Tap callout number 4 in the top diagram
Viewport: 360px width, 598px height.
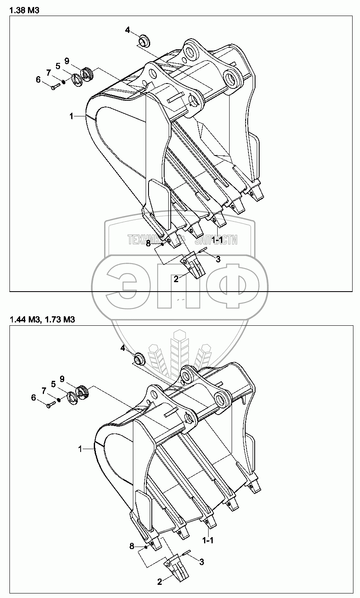[x=128, y=30]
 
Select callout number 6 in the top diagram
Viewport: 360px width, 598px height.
[x=38, y=80]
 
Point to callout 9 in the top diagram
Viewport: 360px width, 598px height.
[x=67, y=60]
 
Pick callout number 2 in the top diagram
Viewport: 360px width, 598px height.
[x=176, y=279]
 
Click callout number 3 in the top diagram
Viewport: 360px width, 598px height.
[x=218, y=259]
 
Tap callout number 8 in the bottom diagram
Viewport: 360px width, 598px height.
[x=132, y=546]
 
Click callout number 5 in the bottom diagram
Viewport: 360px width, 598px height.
[x=53, y=384]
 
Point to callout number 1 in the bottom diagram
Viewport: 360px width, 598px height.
[x=80, y=450]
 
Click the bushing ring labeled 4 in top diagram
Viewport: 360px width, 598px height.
[x=144, y=41]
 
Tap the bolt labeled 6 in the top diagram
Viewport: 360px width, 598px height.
[x=56, y=86]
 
